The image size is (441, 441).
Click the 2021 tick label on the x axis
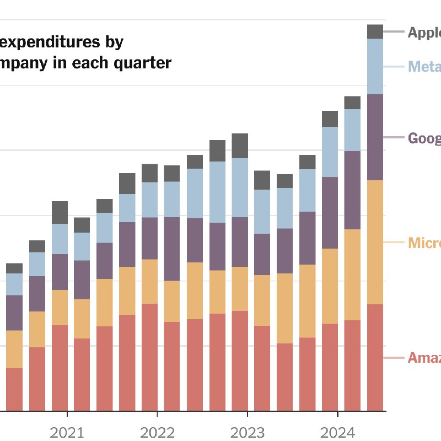click(x=67, y=432)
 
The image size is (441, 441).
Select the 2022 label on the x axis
click(x=157, y=432)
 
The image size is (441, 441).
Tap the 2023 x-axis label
click(x=247, y=432)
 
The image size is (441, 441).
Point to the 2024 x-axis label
click(x=337, y=432)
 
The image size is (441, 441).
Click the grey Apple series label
click(x=424, y=33)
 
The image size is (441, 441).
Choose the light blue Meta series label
click(x=424, y=67)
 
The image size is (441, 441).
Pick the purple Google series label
click(x=424, y=138)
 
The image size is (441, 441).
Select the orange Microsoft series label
click(x=424, y=243)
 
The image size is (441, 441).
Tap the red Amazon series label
click(x=424, y=358)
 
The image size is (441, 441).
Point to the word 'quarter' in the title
click(x=144, y=63)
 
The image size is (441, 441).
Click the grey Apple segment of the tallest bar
click(x=375, y=31)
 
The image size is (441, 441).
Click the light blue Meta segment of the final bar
click(x=375, y=66)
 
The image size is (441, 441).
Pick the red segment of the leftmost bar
click(x=14, y=389)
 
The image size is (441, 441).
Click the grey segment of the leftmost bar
click(x=14, y=268)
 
